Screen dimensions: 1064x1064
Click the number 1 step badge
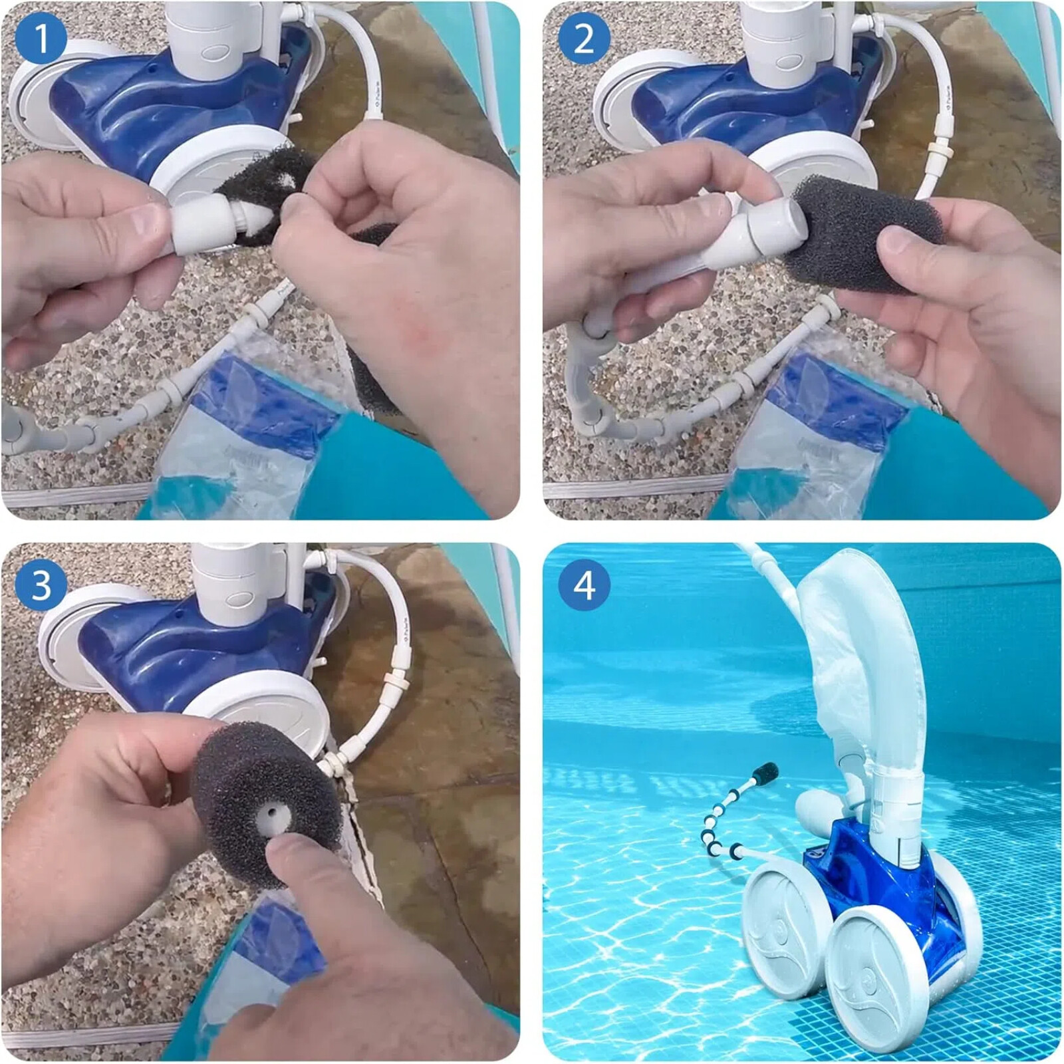click(x=41, y=40)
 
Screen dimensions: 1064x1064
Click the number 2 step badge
click(x=583, y=40)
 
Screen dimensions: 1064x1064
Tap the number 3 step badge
click(x=41, y=585)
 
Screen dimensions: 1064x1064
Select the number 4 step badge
click(x=583, y=585)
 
